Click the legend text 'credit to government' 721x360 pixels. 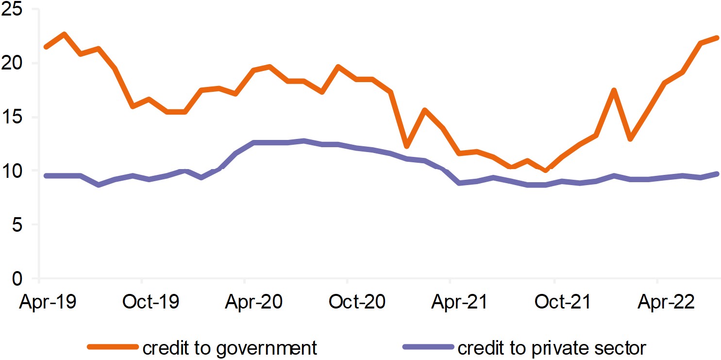(x=230, y=348)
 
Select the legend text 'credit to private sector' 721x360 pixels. (x=552, y=348)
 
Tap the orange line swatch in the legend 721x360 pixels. (x=113, y=347)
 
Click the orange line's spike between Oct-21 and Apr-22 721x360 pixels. (x=614, y=90)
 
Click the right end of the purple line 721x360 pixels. (x=717, y=174)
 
